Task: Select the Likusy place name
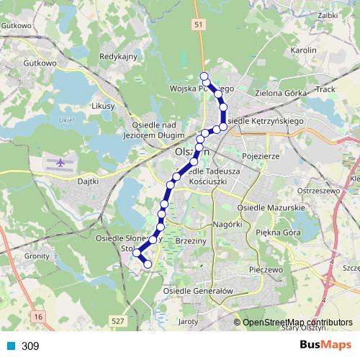(x=104, y=106)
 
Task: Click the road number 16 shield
(x=37, y=316)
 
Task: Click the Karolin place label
(x=303, y=50)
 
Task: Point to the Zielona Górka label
(x=281, y=94)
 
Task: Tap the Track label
(x=325, y=90)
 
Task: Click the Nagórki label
(x=226, y=225)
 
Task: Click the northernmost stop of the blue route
(x=204, y=76)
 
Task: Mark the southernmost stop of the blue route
(x=148, y=264)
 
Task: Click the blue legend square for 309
(x=11, y=346)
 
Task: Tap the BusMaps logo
(x=327, y=345)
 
